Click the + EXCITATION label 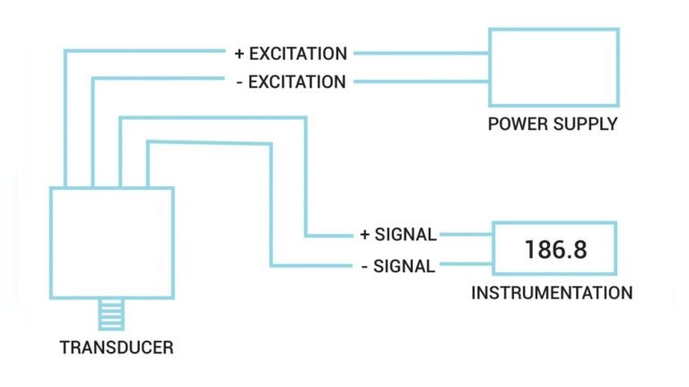coord(291,54)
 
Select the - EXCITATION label coord(291,82)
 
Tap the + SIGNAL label coord(397,235)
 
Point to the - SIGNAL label coord(397,265)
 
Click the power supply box coord(553,66)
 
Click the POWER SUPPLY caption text coord(553,124)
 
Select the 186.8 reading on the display coord(556,249)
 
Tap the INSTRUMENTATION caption coord(552,293)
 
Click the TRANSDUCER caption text coord(116,348)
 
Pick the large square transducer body coord(111,243)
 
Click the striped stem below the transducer coord(112,315)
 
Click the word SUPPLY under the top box coord(585,124)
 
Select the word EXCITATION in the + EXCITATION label coord(298,54)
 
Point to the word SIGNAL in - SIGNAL coord(405,265)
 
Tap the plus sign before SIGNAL coord(364,235)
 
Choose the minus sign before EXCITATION coord(240,82)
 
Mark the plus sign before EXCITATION coord(240,54)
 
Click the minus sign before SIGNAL coord(364,265)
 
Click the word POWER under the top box coord(518,124)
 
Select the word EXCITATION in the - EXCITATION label coord(298,82)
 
